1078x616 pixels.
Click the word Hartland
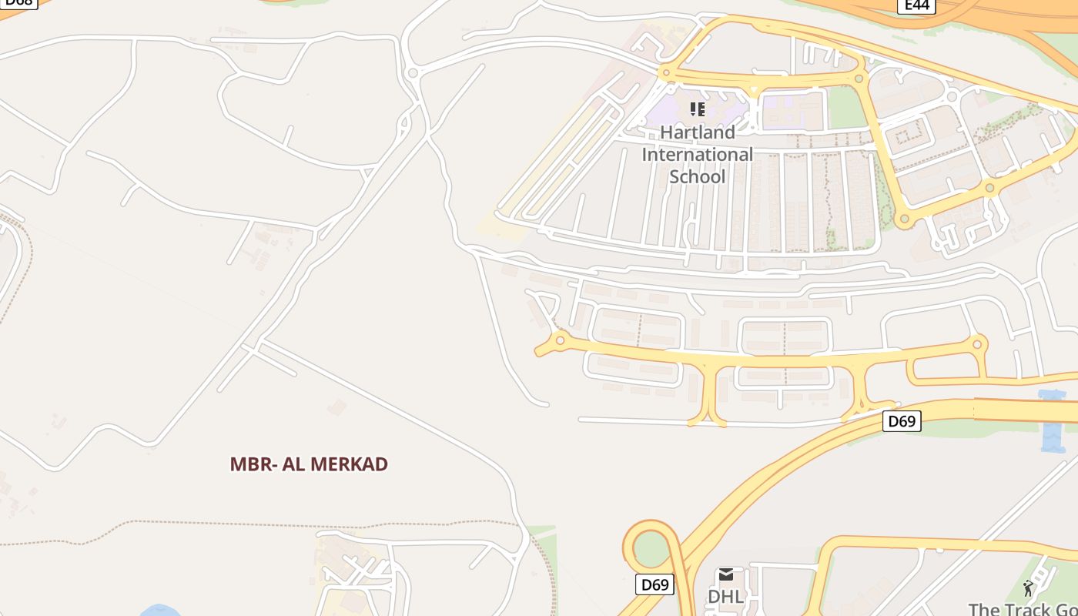click(x=698, y=132)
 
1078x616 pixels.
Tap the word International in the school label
click(x=698, y=155)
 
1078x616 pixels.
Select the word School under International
click(x=698, y=176)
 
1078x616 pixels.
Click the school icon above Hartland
click(x=698, y=109)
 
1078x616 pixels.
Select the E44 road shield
click(x=916, y=5)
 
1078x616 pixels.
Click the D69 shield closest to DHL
click(x=654, y=584)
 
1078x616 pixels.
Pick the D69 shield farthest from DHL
click(x=902, y=421)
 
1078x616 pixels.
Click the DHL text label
click(x=725, y=597)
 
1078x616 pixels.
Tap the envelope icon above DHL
click(x=725, y=574)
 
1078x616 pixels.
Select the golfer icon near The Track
click(x=1028, y=589)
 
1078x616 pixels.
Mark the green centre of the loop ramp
click(x=651, y=548)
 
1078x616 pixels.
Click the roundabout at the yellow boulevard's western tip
click(x=561, y=340)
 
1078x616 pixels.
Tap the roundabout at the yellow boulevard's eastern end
click(x=978, y=343)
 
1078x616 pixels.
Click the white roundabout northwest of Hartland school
click(x=413, y=74)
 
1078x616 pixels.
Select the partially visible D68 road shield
click(x=18, y=3)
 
